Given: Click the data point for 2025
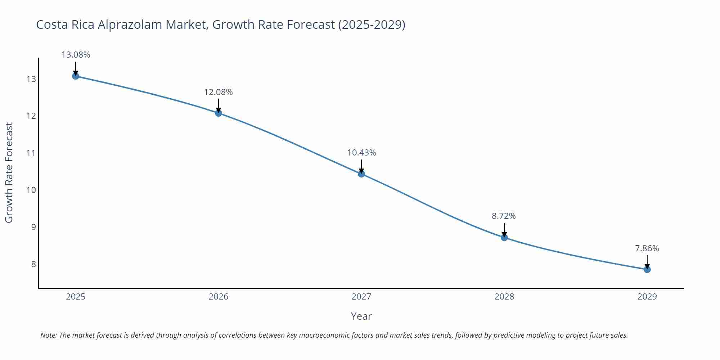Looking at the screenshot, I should (76, 76).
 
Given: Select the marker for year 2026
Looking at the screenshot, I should (219, 113).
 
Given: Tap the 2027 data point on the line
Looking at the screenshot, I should (361, 174).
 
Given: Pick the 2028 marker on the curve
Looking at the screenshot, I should (504, 237).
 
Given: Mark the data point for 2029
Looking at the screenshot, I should (647, 269).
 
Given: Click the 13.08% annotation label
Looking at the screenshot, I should (76, 55).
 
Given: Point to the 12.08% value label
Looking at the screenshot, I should (218, 92).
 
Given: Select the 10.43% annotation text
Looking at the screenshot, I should (361, 153).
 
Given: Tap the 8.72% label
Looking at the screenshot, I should (504, 216).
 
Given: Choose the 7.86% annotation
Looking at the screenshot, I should (647, 248).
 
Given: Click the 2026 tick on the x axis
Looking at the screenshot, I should (219, 297).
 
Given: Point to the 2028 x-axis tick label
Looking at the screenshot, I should (504, 297).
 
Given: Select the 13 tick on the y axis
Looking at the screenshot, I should (31, 79).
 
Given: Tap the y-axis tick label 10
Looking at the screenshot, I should (31, 190).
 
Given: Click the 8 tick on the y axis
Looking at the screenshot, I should (33, 264).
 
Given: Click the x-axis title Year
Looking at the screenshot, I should (361, 316).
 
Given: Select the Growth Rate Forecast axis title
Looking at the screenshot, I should (9, 172).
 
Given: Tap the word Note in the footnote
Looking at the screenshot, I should (48, 335).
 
